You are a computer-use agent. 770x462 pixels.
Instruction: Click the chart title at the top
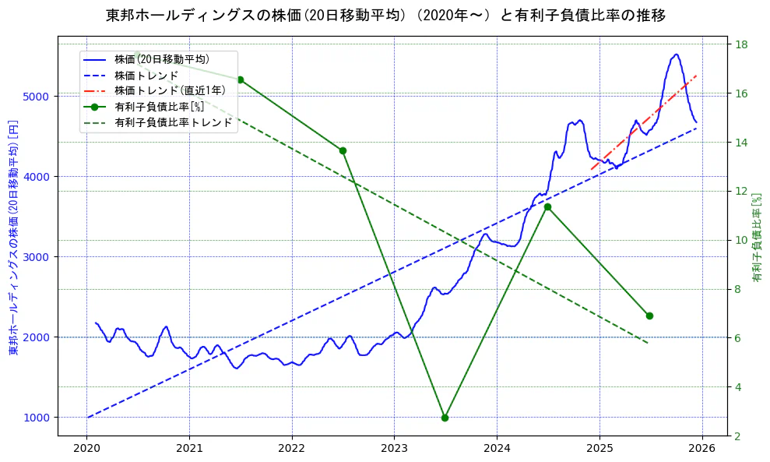pos(385,15)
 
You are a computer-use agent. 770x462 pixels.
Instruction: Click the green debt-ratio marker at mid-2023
pos(445,418)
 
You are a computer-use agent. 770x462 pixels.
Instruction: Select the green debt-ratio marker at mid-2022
pos(343,150)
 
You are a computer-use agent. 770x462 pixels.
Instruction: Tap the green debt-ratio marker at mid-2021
pos(240,79)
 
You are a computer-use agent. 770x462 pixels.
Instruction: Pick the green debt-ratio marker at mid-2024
pos(547,206)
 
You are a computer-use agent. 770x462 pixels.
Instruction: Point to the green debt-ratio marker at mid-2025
pos(649,316)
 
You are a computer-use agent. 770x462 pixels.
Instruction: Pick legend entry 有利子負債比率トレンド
pos(173,122)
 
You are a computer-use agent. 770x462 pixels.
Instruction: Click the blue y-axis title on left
pos(12,238)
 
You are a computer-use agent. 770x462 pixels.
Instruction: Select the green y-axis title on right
pos(757,238)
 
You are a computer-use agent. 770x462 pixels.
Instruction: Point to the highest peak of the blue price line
pos(676,55)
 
